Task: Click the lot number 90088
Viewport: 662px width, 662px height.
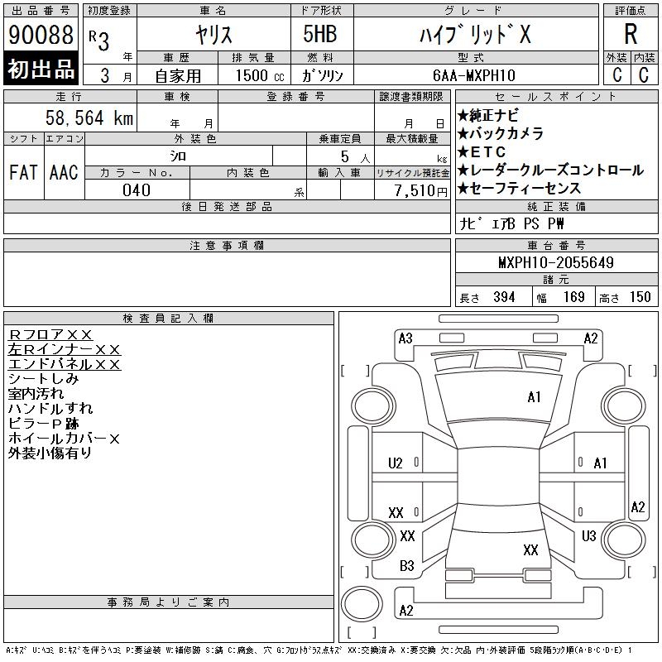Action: coord(41,35)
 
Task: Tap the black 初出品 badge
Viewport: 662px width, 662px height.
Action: coord(41,69)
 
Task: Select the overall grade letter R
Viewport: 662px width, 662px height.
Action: coord(631,34)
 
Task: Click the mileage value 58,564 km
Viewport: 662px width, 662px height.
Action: coord(89,118)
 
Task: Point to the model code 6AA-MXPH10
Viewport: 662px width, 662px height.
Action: coord(473,75)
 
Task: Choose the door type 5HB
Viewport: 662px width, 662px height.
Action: coord(320,34)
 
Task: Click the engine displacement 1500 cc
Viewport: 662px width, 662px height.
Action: coord(260,75)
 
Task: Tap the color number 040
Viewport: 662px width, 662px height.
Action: coord(137,190)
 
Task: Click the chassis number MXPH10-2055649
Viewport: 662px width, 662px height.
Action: coord(556,262)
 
